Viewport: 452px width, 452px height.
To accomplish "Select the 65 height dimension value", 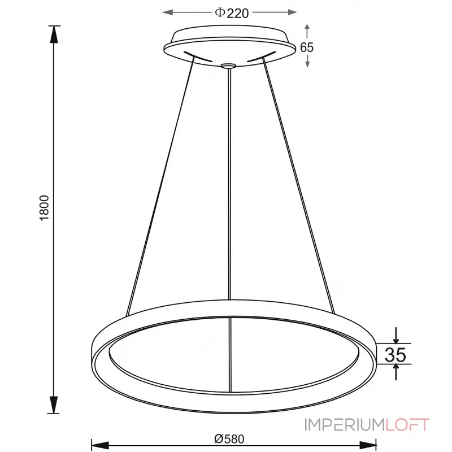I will click(x=307, y=47).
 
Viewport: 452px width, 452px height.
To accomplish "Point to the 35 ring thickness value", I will click(x=396, y=354).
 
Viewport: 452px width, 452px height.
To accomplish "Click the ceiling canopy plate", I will click(x=229, y=43).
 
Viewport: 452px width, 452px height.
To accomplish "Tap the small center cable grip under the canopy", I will click(x=228, y=67).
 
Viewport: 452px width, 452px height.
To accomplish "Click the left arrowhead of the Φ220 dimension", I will click(x=167, y=12).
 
